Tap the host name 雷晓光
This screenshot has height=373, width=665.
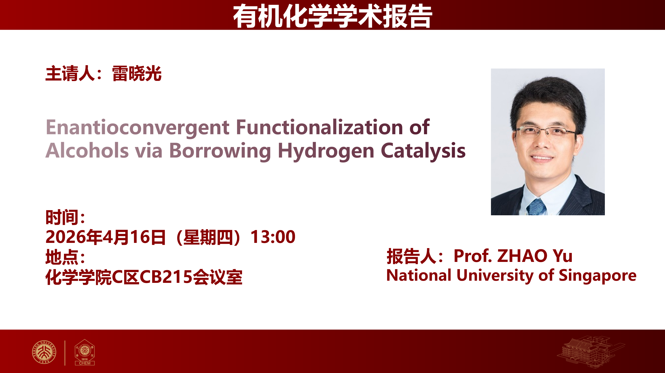(137, 74)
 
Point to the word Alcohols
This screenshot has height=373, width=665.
(87, 150)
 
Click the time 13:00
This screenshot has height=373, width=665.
(273, 237)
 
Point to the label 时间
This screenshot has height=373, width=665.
(62, 217)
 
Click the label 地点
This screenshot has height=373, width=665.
(62, 257)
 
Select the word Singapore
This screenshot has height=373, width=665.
(598, 276)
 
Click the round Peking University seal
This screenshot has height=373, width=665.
(44, 352)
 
